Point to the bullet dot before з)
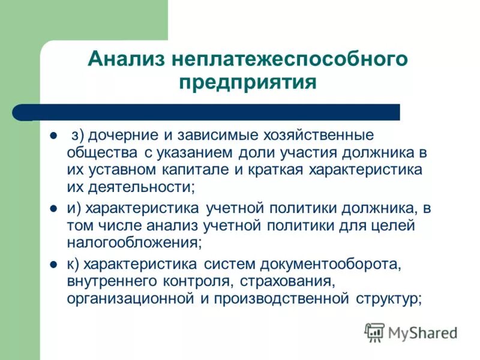53,136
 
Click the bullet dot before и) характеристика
53,209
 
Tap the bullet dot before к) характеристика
53,264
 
